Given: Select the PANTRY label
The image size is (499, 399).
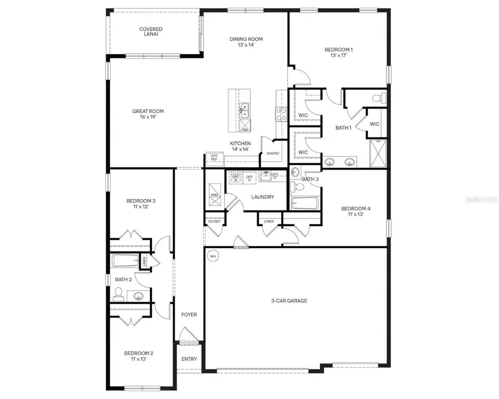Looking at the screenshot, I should [x=273, y=154].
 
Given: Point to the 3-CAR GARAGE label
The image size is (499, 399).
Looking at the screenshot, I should [x=289, y=301].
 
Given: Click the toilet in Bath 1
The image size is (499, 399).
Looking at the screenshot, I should [x=377, y=99].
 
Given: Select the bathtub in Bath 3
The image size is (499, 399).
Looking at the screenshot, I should [x=304, y=204].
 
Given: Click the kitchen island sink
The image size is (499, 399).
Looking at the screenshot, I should [x=245, y=110].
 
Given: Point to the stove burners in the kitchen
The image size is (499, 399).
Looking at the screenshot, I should [x=281, y=114].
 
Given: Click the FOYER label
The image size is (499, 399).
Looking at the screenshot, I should [x=189, y=315].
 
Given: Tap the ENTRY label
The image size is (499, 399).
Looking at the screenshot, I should [x=189, y=359].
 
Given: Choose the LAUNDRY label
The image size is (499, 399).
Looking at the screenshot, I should [x=262, y=197].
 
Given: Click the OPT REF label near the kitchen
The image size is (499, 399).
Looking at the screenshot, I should [x=213, y=158].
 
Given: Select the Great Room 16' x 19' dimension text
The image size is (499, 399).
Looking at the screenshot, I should [x=147, y=117].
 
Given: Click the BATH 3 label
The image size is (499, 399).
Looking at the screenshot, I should [x=310, y=179].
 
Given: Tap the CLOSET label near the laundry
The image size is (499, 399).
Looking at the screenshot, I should [x=214, y=221].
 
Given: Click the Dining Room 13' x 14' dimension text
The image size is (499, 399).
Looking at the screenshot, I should [x=246, y=46].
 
